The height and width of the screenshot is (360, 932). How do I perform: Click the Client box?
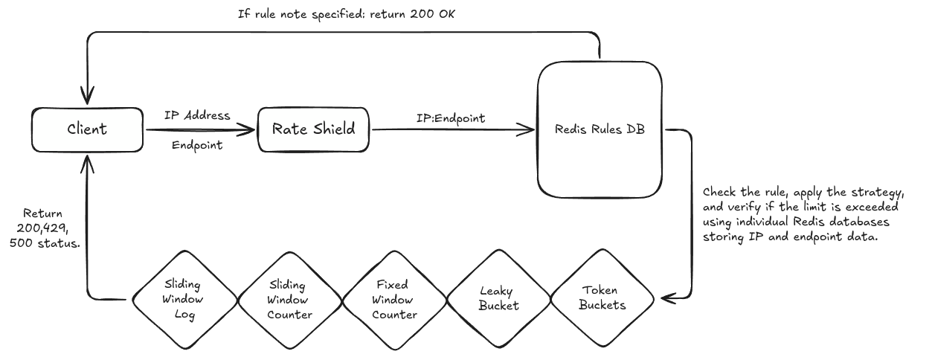point(88,129)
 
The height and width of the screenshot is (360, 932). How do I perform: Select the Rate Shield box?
point(313,129)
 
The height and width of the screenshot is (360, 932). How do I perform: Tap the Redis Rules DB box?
point(600,129)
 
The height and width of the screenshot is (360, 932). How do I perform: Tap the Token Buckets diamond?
point(602,299)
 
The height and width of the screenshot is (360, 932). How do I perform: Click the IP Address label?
point(198,116)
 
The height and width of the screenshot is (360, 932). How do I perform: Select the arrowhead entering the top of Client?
point(88,99)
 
